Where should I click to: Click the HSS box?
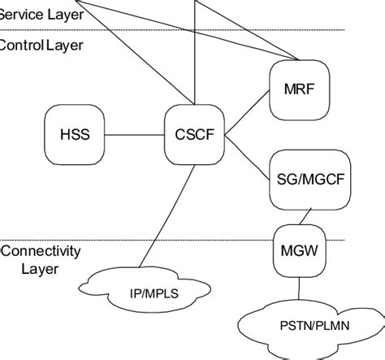[75, 134]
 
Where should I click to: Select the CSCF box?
[194, 134]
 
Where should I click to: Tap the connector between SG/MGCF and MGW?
[300, 219]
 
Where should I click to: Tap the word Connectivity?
[41, 250]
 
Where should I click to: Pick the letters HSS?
[75, 134]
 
